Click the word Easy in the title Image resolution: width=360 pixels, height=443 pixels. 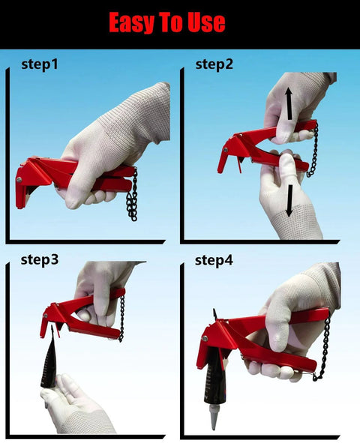pos(133,22)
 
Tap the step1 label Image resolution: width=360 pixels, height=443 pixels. pos(40,64)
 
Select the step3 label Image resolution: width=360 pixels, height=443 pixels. pos(39,260)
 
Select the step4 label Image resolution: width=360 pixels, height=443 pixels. pos(214,260)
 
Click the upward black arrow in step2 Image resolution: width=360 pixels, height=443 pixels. pos(289,104)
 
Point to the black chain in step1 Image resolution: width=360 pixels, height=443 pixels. pos(133,195)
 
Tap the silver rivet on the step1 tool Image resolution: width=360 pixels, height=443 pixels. pos(21,178)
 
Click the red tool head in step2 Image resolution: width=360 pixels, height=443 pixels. pos(229,154)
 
